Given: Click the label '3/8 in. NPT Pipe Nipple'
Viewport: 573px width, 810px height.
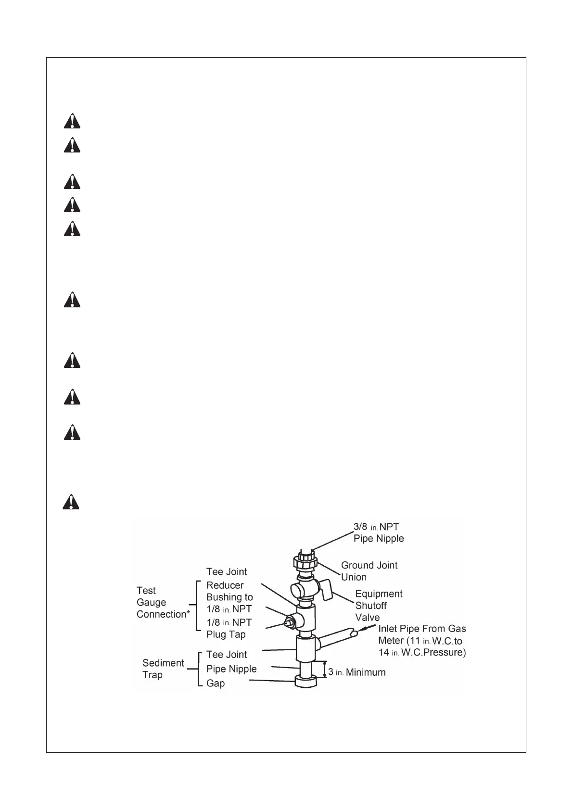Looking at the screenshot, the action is point(379,532).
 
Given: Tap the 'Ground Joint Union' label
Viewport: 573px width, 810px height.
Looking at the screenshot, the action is point(369,571).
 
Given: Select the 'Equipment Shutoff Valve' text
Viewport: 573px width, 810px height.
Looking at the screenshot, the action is point(379,606).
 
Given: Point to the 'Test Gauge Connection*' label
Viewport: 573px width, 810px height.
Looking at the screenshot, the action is point(161,602).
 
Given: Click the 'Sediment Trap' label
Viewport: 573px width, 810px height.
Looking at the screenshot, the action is point(163,669).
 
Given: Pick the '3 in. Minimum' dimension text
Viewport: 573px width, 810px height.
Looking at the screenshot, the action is point(357,672).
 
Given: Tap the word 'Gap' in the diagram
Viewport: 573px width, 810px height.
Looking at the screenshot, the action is point(216,683).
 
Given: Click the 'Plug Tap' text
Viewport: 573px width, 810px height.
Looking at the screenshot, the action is point(226,634).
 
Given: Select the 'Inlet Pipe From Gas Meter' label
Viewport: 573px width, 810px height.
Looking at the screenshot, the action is point(422,640).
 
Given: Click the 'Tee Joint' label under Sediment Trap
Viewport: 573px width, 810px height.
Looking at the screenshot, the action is point(226,654).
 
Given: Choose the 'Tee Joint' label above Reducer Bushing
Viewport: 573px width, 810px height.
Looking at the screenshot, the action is point(226,571).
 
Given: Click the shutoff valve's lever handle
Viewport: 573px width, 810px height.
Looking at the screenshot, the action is point(327,590).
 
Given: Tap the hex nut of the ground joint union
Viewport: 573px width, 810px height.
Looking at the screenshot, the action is point(305,561).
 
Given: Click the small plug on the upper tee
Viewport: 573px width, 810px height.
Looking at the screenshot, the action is point(289,621).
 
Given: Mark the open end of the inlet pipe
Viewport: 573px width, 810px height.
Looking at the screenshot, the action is point(354,633).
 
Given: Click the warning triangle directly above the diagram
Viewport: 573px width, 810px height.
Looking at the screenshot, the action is point(71,502).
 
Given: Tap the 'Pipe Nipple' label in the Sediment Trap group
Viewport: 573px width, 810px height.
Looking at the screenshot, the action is point(231,669).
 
